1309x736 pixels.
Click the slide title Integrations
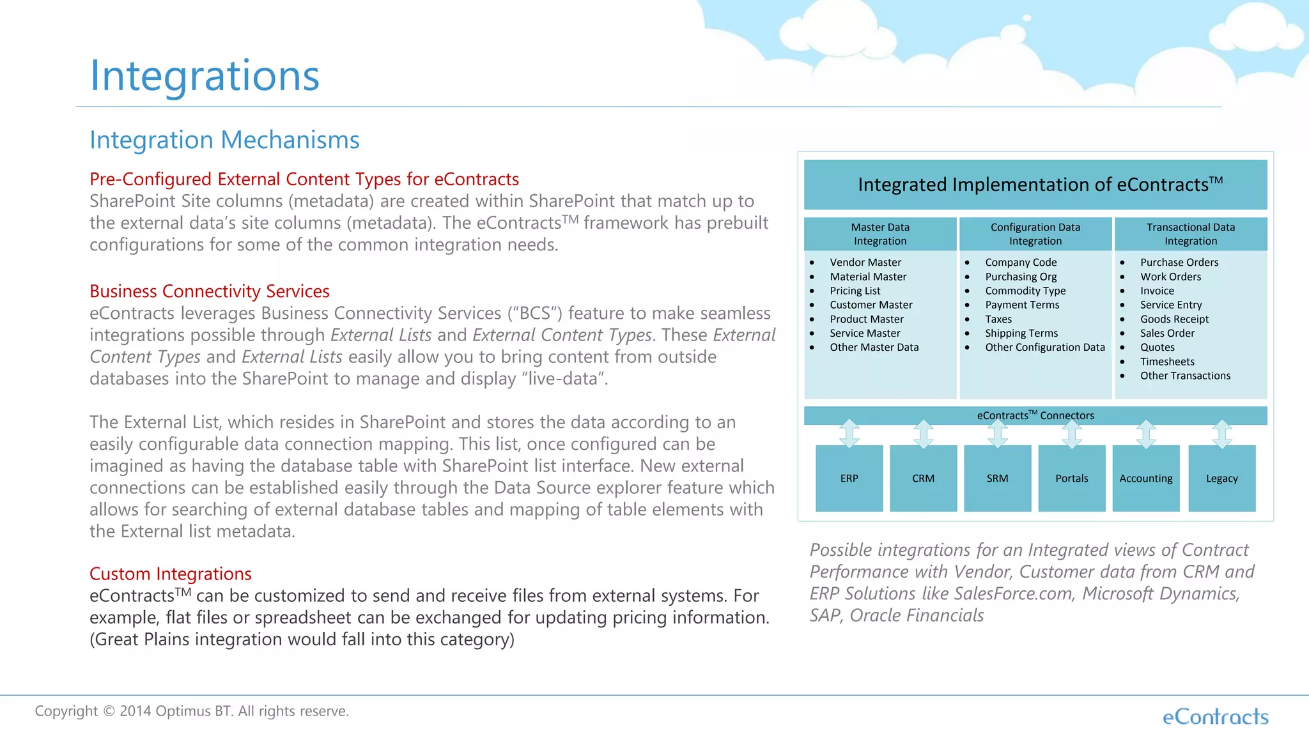point(205,75)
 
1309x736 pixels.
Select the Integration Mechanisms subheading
point(224,140)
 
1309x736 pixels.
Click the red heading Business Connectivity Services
point(210,291)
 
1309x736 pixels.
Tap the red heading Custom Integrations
point(171,574)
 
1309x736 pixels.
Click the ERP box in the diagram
point(849,479)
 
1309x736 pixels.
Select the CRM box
point(923,479)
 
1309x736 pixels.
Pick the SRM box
point(997,479)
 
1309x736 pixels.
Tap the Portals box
point(1071,479)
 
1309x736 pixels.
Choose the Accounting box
point(1145,479)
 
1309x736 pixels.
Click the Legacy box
point(1221,479)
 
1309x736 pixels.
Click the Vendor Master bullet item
point(865,263)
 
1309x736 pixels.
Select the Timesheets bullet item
point(1167,362)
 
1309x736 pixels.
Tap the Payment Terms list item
point(1022,305)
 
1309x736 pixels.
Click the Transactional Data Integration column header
point(1190,234)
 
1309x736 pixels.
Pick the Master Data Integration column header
point(880,234)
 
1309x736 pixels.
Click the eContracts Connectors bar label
point(1035,416)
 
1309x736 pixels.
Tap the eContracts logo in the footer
point(1215,717)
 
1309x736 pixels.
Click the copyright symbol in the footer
point(109,712)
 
